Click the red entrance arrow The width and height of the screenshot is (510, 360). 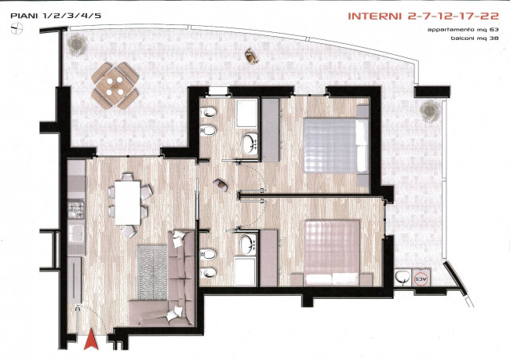91,340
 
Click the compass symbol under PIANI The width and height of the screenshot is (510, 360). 16,29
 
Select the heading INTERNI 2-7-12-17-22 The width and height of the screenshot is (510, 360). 423,16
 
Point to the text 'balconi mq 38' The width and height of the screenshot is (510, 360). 475,38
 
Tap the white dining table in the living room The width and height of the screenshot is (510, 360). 127,203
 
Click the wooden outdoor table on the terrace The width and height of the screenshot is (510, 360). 115,85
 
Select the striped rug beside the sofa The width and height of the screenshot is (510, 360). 152,272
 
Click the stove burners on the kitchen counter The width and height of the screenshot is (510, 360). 76,209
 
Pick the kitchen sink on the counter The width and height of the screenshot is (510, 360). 76,233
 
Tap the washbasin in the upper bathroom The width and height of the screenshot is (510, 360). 250,144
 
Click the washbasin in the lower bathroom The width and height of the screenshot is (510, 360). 250,245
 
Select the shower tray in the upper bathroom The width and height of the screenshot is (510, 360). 246,114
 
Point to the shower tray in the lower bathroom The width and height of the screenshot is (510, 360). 246,271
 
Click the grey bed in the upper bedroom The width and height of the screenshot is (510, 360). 336,145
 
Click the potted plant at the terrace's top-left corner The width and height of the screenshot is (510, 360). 77,44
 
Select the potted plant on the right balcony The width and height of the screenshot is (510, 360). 430,111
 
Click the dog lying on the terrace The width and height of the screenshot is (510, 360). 251,55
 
